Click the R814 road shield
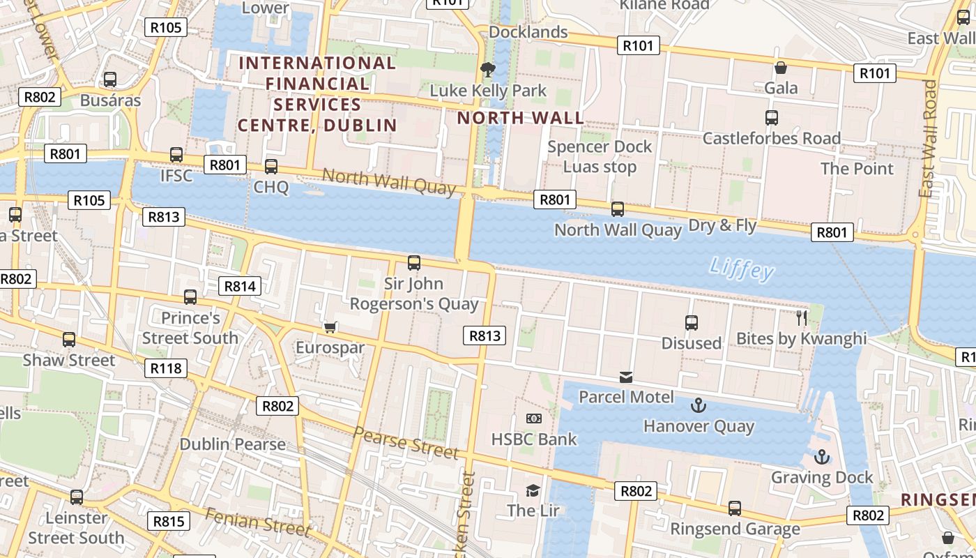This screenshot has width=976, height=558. pyautogui.click(x=241, y=286)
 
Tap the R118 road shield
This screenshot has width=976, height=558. pyautogui.click(x=166, y=368)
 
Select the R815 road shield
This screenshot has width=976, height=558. pyautogui.click(x=169, y=521)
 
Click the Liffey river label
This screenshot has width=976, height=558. pyautogui.click(x=742, y=269)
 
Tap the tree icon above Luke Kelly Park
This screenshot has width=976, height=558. pyautogui.click(x=487, y=69)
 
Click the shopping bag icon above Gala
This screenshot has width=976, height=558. pyautogui.click(x=781, y=68)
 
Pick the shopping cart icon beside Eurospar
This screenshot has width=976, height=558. pyautogui.click(x=330, y=327)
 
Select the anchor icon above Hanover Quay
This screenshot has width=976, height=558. pyautogui.click(x=698, y=405)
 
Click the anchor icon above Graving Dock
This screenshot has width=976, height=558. pyautogui.click(x=823, y=457)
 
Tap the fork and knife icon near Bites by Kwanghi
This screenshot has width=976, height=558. pyautogui.click(x=802, y=318)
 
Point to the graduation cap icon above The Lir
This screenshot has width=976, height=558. pyautogui.click(x=533, y=490)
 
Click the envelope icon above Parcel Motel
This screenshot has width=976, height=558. pyautogui.click(x=626, y=377)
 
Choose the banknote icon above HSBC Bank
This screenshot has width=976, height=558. pyautogui.click(x=534, y=418)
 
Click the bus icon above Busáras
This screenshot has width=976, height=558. pyautogui.click(x=110, y=80)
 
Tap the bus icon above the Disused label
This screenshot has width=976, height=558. pyautogui.click(x=692, y=323)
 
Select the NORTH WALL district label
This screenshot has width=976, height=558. pyautogui.click(x=521, y=118)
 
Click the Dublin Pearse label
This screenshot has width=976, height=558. pyautogui.click(x=233, y=444)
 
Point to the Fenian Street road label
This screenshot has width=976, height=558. pyautogui.click(x=258, y=522)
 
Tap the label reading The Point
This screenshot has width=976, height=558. pyautogui.click(x=857, y=169)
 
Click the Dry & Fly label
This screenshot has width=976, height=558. pyautogui.click(x=722, y=225)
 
